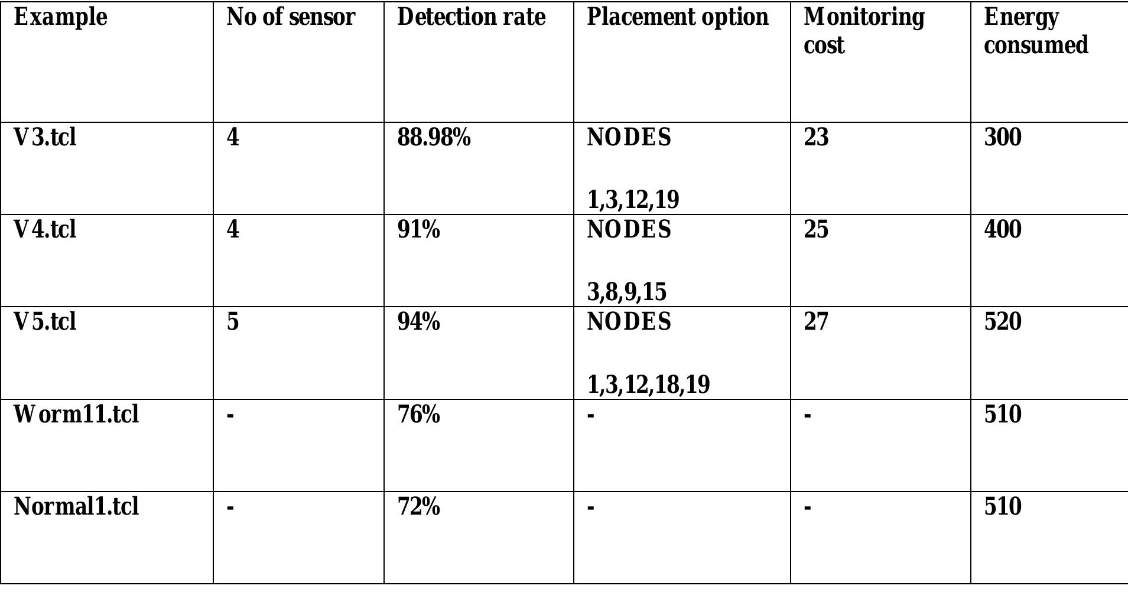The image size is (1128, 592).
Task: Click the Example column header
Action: coord(60,17)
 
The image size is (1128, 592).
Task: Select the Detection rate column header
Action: coord(471,17)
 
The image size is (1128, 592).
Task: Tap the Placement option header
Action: coord(677,17)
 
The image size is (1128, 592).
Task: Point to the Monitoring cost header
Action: coord(863,31)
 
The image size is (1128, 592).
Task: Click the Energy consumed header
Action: coord(1035,31)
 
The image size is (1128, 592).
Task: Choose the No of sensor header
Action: coord(291,17)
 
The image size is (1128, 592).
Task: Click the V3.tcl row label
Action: coord(45,137)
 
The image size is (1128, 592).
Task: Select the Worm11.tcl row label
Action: coord(76,414)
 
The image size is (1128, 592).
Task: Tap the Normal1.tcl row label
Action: coord(76,506)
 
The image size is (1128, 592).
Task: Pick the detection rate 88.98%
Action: coord(434,137)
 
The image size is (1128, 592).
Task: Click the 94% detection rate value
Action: coord(418,321)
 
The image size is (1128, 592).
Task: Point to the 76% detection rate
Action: coord(418,414)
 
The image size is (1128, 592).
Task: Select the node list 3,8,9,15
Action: coord(626,291)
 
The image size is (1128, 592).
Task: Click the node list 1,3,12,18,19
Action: coord(648,384)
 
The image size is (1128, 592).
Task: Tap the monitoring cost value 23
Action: coord(816,137)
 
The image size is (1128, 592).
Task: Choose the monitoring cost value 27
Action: coord(816,321)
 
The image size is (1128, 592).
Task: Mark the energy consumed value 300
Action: coord(1002,137)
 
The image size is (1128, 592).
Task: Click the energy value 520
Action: coord(1002,321)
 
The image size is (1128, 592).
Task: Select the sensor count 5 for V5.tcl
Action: coord(233,321)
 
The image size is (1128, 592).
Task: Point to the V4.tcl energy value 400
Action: coord(1002,229)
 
